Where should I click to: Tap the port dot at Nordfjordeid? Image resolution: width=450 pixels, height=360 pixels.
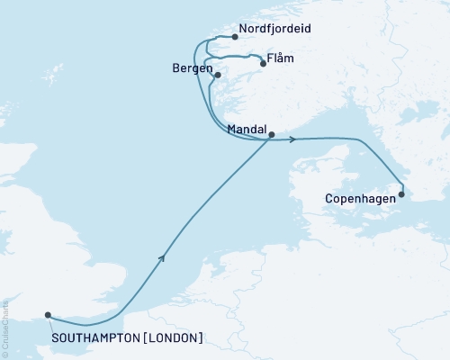click(235, 37)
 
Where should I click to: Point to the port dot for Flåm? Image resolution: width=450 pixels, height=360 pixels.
click(263, 64)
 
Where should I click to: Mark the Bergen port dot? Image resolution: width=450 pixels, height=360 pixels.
click(218, 76)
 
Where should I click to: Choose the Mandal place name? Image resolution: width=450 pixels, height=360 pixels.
click(248, 130)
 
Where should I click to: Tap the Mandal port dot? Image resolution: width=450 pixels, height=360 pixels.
click(272, 135)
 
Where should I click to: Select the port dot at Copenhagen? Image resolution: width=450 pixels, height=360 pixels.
click(401, 193)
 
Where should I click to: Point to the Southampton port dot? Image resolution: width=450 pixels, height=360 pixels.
click(48, 316)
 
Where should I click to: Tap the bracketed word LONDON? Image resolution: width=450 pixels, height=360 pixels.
click(171, 338)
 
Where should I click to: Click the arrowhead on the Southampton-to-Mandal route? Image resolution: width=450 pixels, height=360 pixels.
click(163, 257)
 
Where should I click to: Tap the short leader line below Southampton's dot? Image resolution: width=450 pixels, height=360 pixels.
click(52, 325)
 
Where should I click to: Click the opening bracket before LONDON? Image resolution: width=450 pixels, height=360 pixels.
click(146, 338)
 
